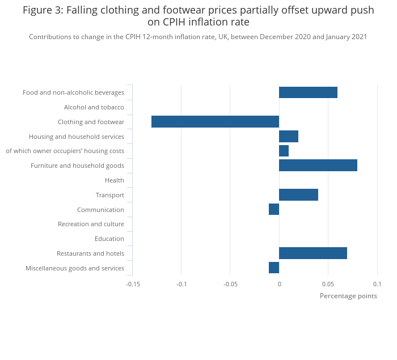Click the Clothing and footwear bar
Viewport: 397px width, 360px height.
[x=215, y=121]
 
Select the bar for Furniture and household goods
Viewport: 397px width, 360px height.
[x=318, y=166]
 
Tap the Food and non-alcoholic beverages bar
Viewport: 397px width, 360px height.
[x=308, y=92]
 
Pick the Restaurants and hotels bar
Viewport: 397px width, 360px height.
[x=312, y=253]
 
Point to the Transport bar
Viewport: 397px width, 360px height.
[x=298, y=195]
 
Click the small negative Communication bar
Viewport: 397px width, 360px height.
[x=274, y=209]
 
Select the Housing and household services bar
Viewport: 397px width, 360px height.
[x=288, y=136]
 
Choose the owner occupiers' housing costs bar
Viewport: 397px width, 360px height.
[x=284, y=151]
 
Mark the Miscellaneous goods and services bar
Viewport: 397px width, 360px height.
[x=274, y=268]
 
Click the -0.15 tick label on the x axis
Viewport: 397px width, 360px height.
[x=133, y=284]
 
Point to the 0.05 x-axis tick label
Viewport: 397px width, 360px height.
[x=328, y=284]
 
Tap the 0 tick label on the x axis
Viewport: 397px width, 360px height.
[x=279, y=284]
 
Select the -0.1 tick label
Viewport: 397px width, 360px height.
[x=181, y=284]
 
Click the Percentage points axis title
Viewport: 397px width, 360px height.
[x=348, y=296]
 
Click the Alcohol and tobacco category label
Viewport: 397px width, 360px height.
[x=94, y=107]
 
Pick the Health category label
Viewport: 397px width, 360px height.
[x=115, y=180]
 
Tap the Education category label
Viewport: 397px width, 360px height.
[x=109, y=239]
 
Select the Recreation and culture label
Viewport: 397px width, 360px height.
[x=91, y=224]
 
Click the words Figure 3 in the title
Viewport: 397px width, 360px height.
[x=43, y=10]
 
